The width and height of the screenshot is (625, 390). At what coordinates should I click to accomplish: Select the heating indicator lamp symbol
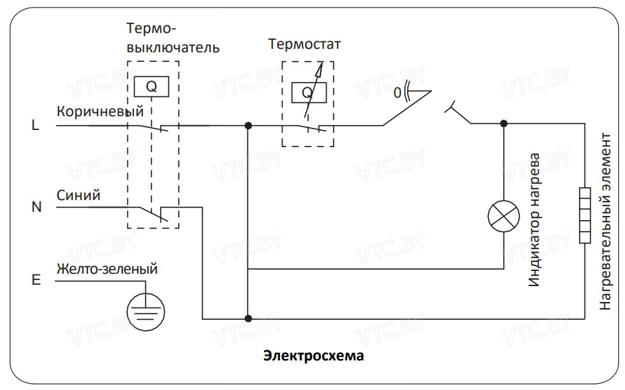click(x=504, y=215)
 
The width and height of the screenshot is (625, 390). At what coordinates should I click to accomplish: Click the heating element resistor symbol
click(x=585, y=215)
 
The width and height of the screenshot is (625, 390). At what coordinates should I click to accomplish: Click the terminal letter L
click(x=35, y=126)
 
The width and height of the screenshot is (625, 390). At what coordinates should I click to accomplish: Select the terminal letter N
click(x=36, y=206)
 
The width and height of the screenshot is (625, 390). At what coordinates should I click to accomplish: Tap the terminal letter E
click(x=36, y=281)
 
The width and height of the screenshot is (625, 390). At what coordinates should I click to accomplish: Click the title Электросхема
click(x=313, y=356)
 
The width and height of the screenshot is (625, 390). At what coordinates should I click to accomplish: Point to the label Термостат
click(x=305, y=46)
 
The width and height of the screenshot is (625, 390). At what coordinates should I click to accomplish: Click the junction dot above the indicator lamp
click(x=504, y=124)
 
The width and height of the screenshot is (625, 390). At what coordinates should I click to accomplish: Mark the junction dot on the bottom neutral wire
click(x=248, y=318)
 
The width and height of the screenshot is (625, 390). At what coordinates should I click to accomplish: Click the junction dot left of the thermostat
click(x=248, y=126)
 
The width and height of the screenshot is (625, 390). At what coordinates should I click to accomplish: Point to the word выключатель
click(x=173, y=47)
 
